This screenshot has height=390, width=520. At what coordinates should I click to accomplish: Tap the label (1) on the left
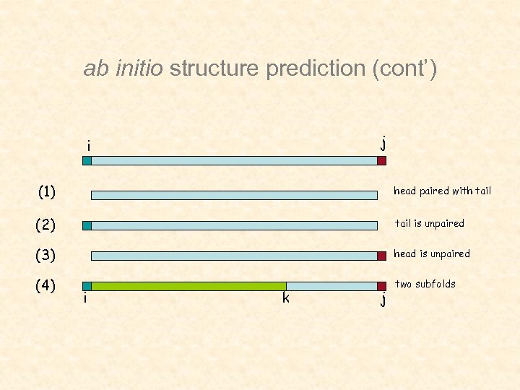(x=47, y=192)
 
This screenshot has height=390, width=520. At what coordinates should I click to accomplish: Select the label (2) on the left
(x=46, y=225)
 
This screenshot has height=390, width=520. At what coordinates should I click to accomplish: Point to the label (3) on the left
(x=46, y=255)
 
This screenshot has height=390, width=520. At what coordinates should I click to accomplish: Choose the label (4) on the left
(x=46, y=285)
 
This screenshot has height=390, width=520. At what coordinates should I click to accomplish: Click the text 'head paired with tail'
(x=442, y=191)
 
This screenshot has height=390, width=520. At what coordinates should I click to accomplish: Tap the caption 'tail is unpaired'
(x=429, y=223)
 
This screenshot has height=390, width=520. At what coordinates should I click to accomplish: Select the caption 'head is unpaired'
(x=431, y=253)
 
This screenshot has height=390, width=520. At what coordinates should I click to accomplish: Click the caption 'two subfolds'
(x=425, y=284)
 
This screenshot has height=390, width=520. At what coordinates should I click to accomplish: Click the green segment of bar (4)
(x=188, y=286)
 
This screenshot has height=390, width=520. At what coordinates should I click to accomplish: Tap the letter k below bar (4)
(x=286, y=298)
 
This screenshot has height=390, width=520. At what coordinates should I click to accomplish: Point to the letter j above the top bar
(x=383, y=142)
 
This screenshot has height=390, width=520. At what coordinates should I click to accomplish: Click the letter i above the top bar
(x=88, y=146)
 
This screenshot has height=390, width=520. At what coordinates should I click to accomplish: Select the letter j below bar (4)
(x=383, y=300)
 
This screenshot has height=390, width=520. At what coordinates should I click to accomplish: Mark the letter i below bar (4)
(x=86, y=298)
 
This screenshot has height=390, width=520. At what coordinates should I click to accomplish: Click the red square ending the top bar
(x=381, y=161)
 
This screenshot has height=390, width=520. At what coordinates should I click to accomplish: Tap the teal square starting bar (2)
(x=87, y=225)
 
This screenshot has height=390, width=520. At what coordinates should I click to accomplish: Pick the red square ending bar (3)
(x=381, y=256)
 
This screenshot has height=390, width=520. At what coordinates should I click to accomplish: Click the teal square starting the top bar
(x=87, y=161)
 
